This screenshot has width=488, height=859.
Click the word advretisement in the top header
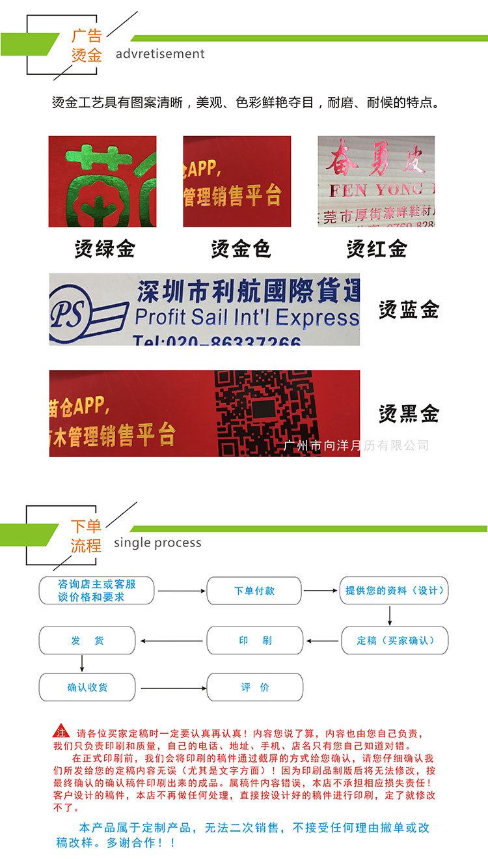pos(160,53)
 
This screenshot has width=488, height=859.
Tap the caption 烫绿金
pos(105,248)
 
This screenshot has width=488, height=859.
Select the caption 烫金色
pos(241,248)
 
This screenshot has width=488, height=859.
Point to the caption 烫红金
pos(377,248)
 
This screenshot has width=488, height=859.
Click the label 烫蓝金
pos(409,310)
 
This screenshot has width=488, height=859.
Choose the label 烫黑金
pos(409,414)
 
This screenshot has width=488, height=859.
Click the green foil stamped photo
pos(102,181)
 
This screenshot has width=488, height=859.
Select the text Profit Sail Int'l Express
pos(247,317)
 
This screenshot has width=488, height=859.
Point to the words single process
pos(157,542)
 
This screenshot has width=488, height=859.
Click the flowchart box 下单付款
pos(254,591)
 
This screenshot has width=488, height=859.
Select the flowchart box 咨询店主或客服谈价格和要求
pos(97,591)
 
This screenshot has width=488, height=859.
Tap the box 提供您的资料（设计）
pos(394,591)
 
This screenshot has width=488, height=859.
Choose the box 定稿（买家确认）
pos(394,640)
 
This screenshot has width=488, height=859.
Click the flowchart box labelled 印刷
pos(254,640)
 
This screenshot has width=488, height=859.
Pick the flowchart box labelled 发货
pos(87,640)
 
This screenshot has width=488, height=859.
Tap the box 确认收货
pos(87,687)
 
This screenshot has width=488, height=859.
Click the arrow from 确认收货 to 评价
pos(170,687)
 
